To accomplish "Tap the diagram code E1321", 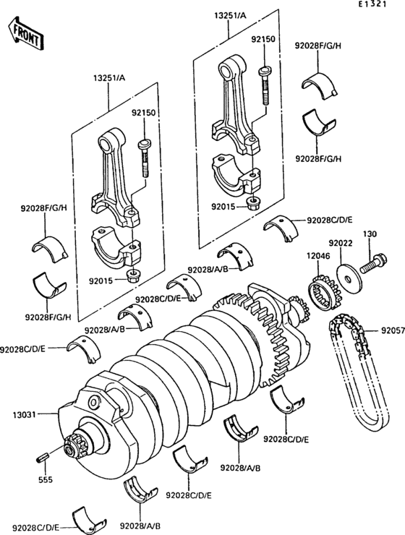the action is pos(372,4).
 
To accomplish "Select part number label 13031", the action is pos(24,415).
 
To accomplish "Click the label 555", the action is pos(45,480).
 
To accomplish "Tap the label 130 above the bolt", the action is pos(370,234).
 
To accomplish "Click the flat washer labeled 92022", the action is pos(348,277).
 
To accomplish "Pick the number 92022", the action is pos(341,243).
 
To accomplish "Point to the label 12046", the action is pos(318,256).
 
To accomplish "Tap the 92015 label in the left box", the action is pos(101,281).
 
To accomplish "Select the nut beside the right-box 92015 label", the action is pos(252,203).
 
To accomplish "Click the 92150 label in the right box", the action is pos(263,39).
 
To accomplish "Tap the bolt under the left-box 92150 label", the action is pos(145,158).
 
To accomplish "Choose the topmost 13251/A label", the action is pos(230,15).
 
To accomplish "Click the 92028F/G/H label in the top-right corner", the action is pos(318,46).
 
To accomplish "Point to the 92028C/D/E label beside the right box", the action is pos(330,220).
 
